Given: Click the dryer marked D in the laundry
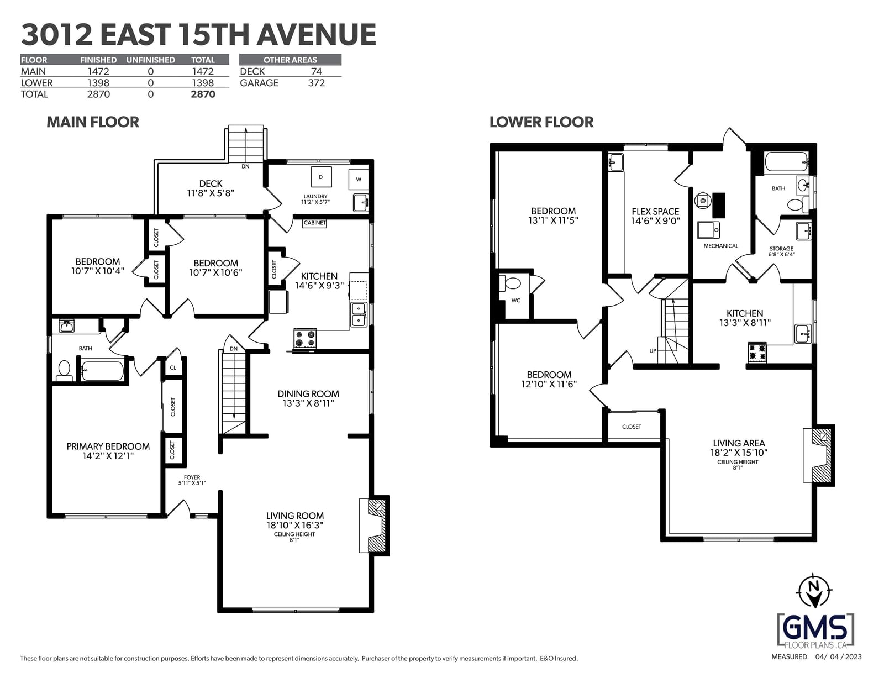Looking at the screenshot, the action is (320, 177).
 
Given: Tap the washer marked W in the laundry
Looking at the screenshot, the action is (359, 180).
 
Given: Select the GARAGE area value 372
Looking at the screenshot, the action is (316, 83).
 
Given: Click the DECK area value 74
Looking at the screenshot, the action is (316, 72).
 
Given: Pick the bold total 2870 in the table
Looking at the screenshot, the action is (203, 94).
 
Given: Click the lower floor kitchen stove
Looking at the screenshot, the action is (757, 353).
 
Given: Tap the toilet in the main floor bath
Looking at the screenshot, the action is (64, 371).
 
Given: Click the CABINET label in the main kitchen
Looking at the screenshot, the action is (314, 223).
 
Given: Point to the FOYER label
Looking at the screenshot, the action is (192, 477).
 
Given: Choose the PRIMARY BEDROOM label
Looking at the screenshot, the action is (108, 446).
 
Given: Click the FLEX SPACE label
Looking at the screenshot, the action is (655, 212).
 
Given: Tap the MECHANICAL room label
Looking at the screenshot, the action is (721, 246).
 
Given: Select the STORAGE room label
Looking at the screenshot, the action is (781, 249).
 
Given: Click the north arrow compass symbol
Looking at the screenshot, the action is (814, 591).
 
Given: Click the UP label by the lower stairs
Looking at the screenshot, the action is (653, 351).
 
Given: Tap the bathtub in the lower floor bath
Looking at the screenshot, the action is (786, 162).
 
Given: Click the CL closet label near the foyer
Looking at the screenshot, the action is (173, 367).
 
